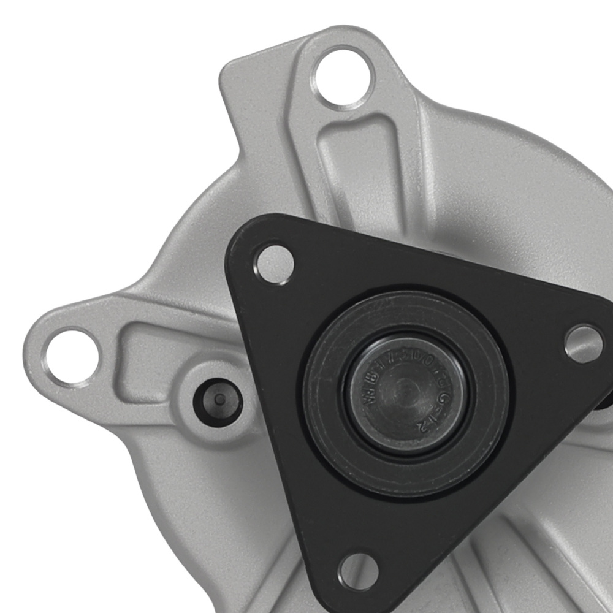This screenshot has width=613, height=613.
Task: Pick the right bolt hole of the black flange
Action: (x=583, y=343)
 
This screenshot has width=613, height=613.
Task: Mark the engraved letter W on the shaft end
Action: (x=371, y=395)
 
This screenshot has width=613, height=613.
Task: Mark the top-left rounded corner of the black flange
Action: (x=242, y=236)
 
